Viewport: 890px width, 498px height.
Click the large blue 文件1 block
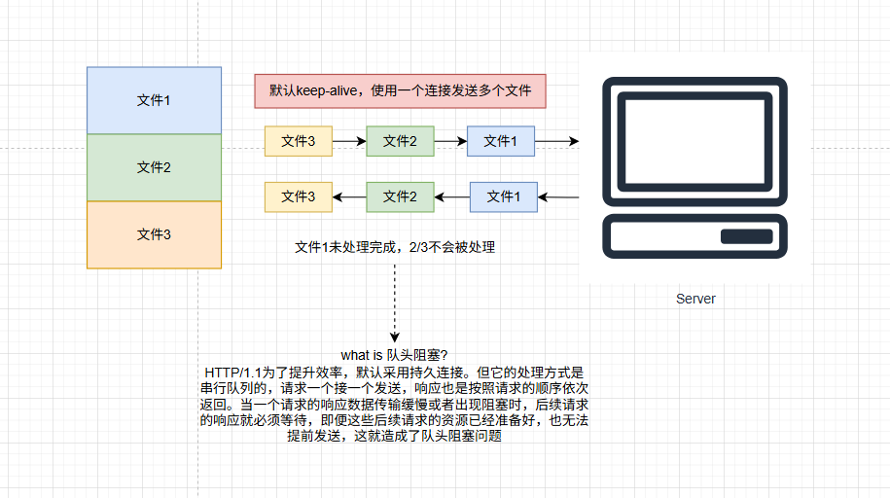coord(154,100)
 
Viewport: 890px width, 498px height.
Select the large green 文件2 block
coord(154,167)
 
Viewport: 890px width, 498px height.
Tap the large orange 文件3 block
coord(154,234)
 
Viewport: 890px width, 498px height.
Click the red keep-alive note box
coord(400,90)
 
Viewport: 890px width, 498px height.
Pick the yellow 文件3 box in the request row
coord(298,141)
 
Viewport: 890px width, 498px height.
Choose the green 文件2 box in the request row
coord(400,141)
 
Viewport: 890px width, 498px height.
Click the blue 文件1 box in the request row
coord(501,141)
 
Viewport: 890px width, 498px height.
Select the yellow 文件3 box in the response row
coord(298,197)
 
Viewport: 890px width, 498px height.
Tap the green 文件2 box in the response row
coord(400,197)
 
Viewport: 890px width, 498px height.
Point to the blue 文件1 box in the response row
coord(503,197)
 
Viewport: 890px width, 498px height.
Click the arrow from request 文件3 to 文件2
coord(348,141)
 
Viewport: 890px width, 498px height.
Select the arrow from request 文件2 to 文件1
coord(449,141)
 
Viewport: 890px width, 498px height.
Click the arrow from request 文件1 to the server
coord(556,141)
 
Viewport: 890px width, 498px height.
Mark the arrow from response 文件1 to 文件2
coord(452,197)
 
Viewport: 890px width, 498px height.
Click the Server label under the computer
coord(695,299)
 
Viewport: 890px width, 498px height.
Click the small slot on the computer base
coord(746,236)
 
